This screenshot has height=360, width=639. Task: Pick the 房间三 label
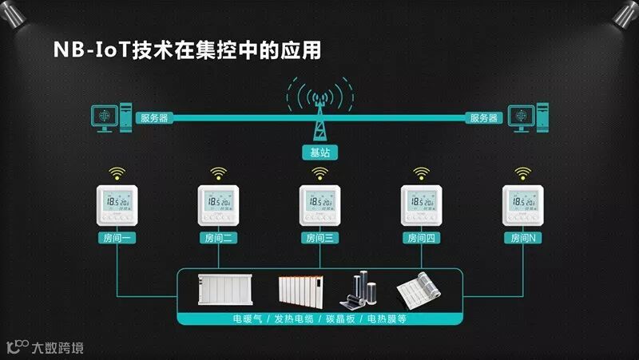click(319, 238)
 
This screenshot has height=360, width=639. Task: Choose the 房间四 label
click(421, 238)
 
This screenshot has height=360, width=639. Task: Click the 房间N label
click(522, 238)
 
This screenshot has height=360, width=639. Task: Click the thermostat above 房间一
click(117, 204)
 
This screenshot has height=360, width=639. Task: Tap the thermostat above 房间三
click(319, 204)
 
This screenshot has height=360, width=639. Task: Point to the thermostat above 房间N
click(522, 204)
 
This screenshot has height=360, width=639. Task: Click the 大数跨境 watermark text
click(57, 347)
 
